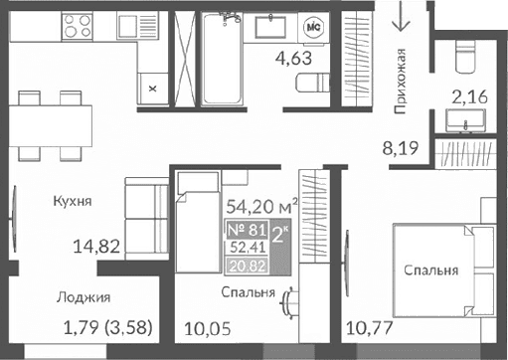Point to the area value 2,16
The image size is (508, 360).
coord(470,98)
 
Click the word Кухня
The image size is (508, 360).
coord(73,200)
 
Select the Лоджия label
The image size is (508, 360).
coord(83,296)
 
